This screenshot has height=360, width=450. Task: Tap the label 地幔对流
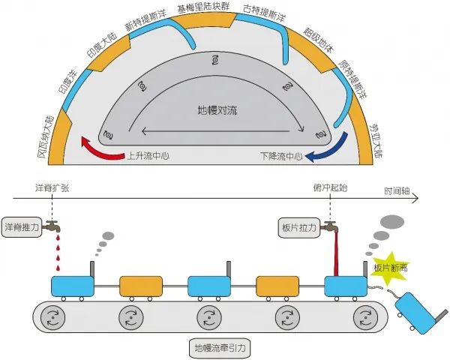pyautogui.click(x=217, y=110)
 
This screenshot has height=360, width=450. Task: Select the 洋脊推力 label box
pyautogui.click(x=22, y=227)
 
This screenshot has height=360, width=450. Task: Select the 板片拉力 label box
pyautogui.click(x=299, y=228)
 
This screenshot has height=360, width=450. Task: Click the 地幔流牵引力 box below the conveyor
pyautogui.click(x=220, y=348)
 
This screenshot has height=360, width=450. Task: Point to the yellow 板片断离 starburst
pyautogui.click(x=389, y=268)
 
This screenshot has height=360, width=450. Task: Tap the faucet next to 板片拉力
pyautogui.click(x=329, y=226)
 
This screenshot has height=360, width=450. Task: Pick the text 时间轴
pyautogui.click(x=397, y=191)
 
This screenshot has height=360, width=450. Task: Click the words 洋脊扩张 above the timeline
pyautogui.click(x=52, y=188)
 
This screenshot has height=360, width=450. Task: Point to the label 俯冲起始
pyautogui.click(x=330, y=187)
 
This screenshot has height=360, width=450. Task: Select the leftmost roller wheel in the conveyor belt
pyautogui.click(x=52, y=317)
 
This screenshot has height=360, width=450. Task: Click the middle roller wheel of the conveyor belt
pyautogui.click(x=209, y=317)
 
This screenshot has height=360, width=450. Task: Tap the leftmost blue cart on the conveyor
pyautogui.click(x=73, y=286)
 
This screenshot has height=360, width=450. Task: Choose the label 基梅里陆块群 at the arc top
pyautogui.click(x=203, y=7)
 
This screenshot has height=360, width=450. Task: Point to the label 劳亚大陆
pyautogui.click(x=376, y=141)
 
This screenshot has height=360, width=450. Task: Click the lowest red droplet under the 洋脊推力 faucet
pyautogui.click(x=58, y=268)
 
